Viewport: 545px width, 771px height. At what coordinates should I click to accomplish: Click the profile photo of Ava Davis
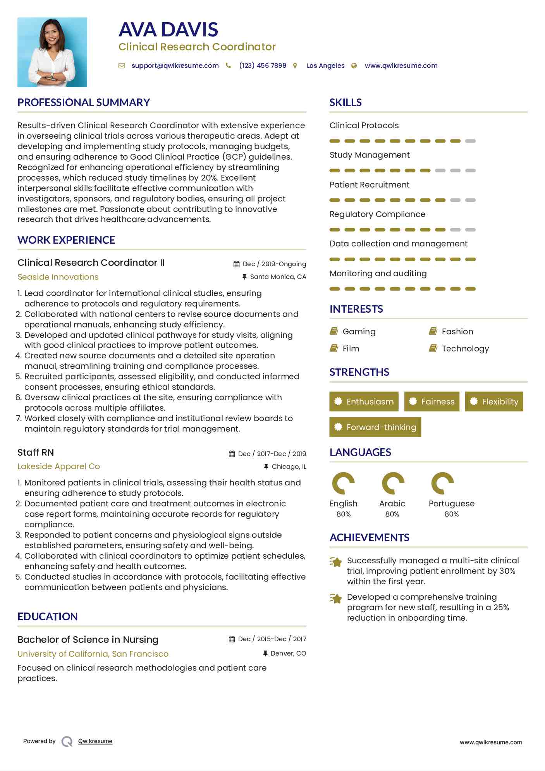pos(52,52)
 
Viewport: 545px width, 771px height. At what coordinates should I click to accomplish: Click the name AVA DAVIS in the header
pos(168,30)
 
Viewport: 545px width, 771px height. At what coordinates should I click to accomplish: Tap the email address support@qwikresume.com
pos(175,66)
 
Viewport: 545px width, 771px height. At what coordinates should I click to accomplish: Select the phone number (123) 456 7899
pos(263,66)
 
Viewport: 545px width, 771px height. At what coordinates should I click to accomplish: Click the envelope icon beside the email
pos(122,66)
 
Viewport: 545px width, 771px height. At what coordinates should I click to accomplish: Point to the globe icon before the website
pos(354,66)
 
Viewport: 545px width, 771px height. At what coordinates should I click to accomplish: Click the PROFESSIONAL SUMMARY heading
pos(84,103)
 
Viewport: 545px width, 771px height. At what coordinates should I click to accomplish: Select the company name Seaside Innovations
pos(58,277)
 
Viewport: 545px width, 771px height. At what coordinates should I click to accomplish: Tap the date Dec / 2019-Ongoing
pos(274,264)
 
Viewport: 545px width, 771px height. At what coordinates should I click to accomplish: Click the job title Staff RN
pos(36,453)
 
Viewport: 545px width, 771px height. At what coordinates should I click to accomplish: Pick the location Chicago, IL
pos(289,467)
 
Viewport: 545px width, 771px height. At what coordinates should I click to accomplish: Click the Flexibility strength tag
pos(494,402)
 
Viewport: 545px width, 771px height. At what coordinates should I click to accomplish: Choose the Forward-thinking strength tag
pos(375,427)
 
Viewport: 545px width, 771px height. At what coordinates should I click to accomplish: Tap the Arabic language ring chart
pos(393,484)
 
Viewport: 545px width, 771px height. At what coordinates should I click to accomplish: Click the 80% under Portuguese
pos(452,514)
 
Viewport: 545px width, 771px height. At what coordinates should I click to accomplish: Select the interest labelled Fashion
pos(457,332)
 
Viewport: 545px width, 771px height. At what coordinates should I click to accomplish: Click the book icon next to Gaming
pos(334,331)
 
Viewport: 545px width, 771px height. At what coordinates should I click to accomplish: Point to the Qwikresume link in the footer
pos(95,741)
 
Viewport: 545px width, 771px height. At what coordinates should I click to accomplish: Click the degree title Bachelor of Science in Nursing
pos(88,640)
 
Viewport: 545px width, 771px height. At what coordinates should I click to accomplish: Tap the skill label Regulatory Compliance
pos(377,214)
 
